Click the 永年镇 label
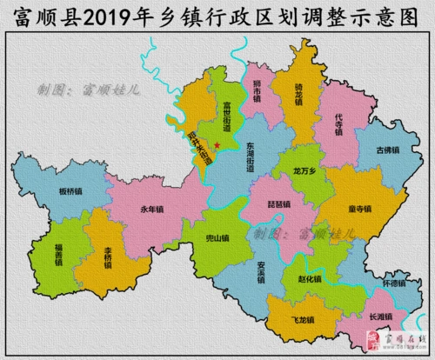(x=151, y=209)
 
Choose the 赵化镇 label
(x=309, y=279)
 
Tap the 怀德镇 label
(x=394, y=283)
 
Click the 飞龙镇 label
(x=301, y=320)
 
